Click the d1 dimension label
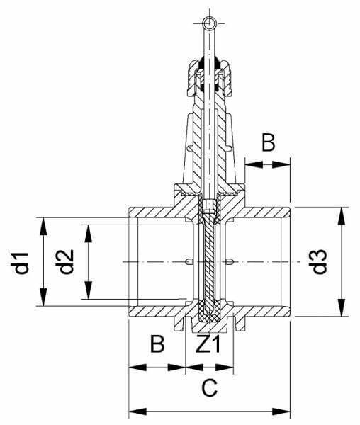20,262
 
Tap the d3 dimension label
318,261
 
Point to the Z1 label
208,344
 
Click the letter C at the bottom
209,387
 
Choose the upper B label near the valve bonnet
269,142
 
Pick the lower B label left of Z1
157,344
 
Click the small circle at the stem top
210,23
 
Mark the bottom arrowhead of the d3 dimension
342,307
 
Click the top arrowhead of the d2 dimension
88,233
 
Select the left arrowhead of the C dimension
137,412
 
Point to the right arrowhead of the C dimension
281,412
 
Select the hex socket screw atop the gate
209,206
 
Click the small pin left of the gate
189,261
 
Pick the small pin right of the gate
230,261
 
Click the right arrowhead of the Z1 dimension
225,368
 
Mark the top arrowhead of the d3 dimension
342,216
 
